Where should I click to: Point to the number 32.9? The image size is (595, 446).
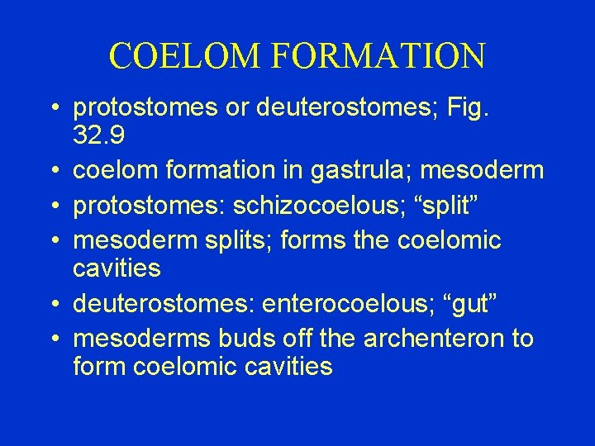tap(100, 135)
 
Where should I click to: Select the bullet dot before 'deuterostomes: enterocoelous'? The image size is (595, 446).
tap(54, 304)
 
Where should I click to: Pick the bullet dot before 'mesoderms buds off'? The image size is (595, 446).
tap(54, 339)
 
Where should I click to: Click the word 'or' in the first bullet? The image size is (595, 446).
tap(236, 108)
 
